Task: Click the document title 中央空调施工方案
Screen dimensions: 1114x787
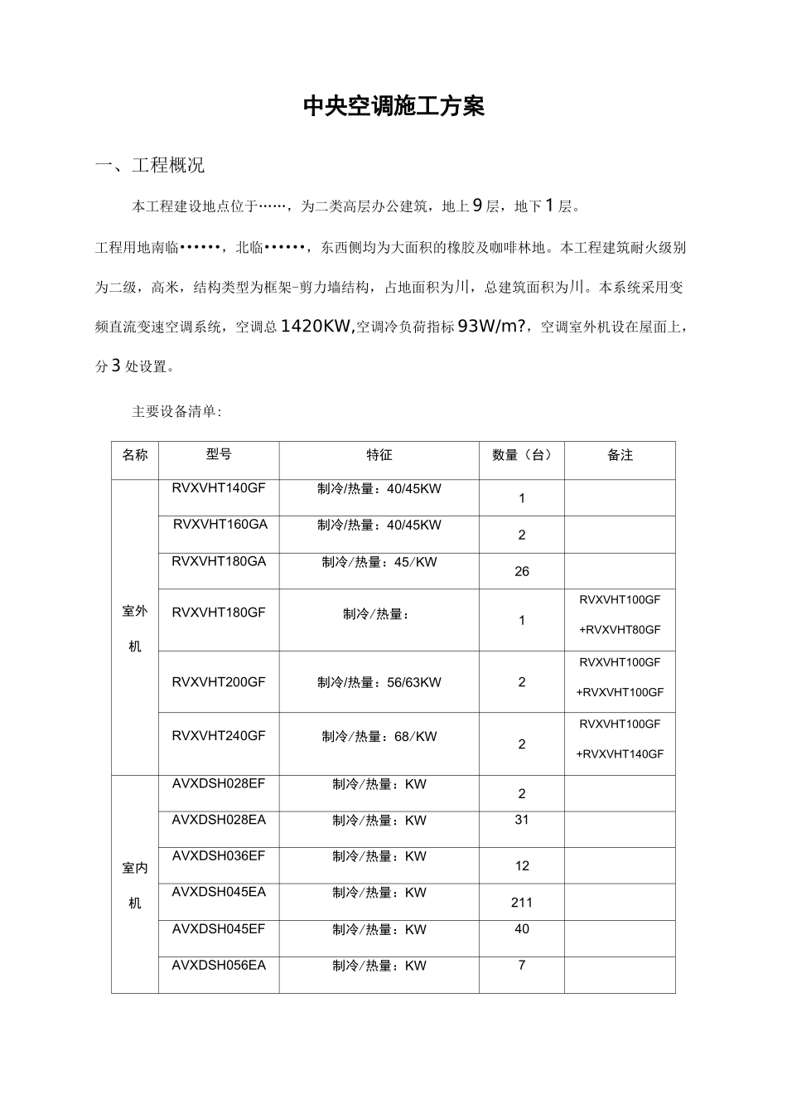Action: pyautogui.click(x=393, y=107)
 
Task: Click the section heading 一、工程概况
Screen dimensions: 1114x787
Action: pyautogui.click(x=150, y=166)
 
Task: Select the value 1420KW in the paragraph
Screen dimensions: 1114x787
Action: pyautogui.click(x=317, y=327)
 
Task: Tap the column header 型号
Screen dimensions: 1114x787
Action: pyautogui.click(x=219, y=454)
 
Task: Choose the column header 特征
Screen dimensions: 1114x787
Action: pyautogui.click(x=379, y=455)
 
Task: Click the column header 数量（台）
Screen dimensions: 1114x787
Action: pyautogui.click(x=521, y=455)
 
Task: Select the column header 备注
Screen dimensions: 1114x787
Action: pyautogui.click(x=620, y=455)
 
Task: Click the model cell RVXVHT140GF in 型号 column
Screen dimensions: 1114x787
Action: pyautogui.click(x=219, y=488)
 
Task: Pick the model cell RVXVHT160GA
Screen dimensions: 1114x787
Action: pyautogui.click(x=220, y=525)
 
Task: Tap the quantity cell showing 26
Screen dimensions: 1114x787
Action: pyautogui.click(x=522, y=571)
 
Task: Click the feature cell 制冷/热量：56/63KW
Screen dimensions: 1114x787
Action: pyautogui.click(x=379, y=682)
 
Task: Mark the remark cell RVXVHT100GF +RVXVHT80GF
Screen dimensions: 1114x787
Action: pyautogui.click(x=620, y=614)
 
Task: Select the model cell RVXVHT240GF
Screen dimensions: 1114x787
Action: pyautogui.click(x=219, y=735)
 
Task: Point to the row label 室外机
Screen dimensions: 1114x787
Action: pyautogui.click(x=135, y=627)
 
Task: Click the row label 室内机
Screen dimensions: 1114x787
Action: pyautogui.click(x=135, y=884)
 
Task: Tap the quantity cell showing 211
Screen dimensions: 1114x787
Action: pyautogui.click(x=522, y=903)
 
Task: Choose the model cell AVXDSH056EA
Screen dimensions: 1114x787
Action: pyautogui.click(x=219, y=966)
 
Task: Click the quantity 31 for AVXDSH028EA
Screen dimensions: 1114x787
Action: pyautogui.click(x=522, y=820)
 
